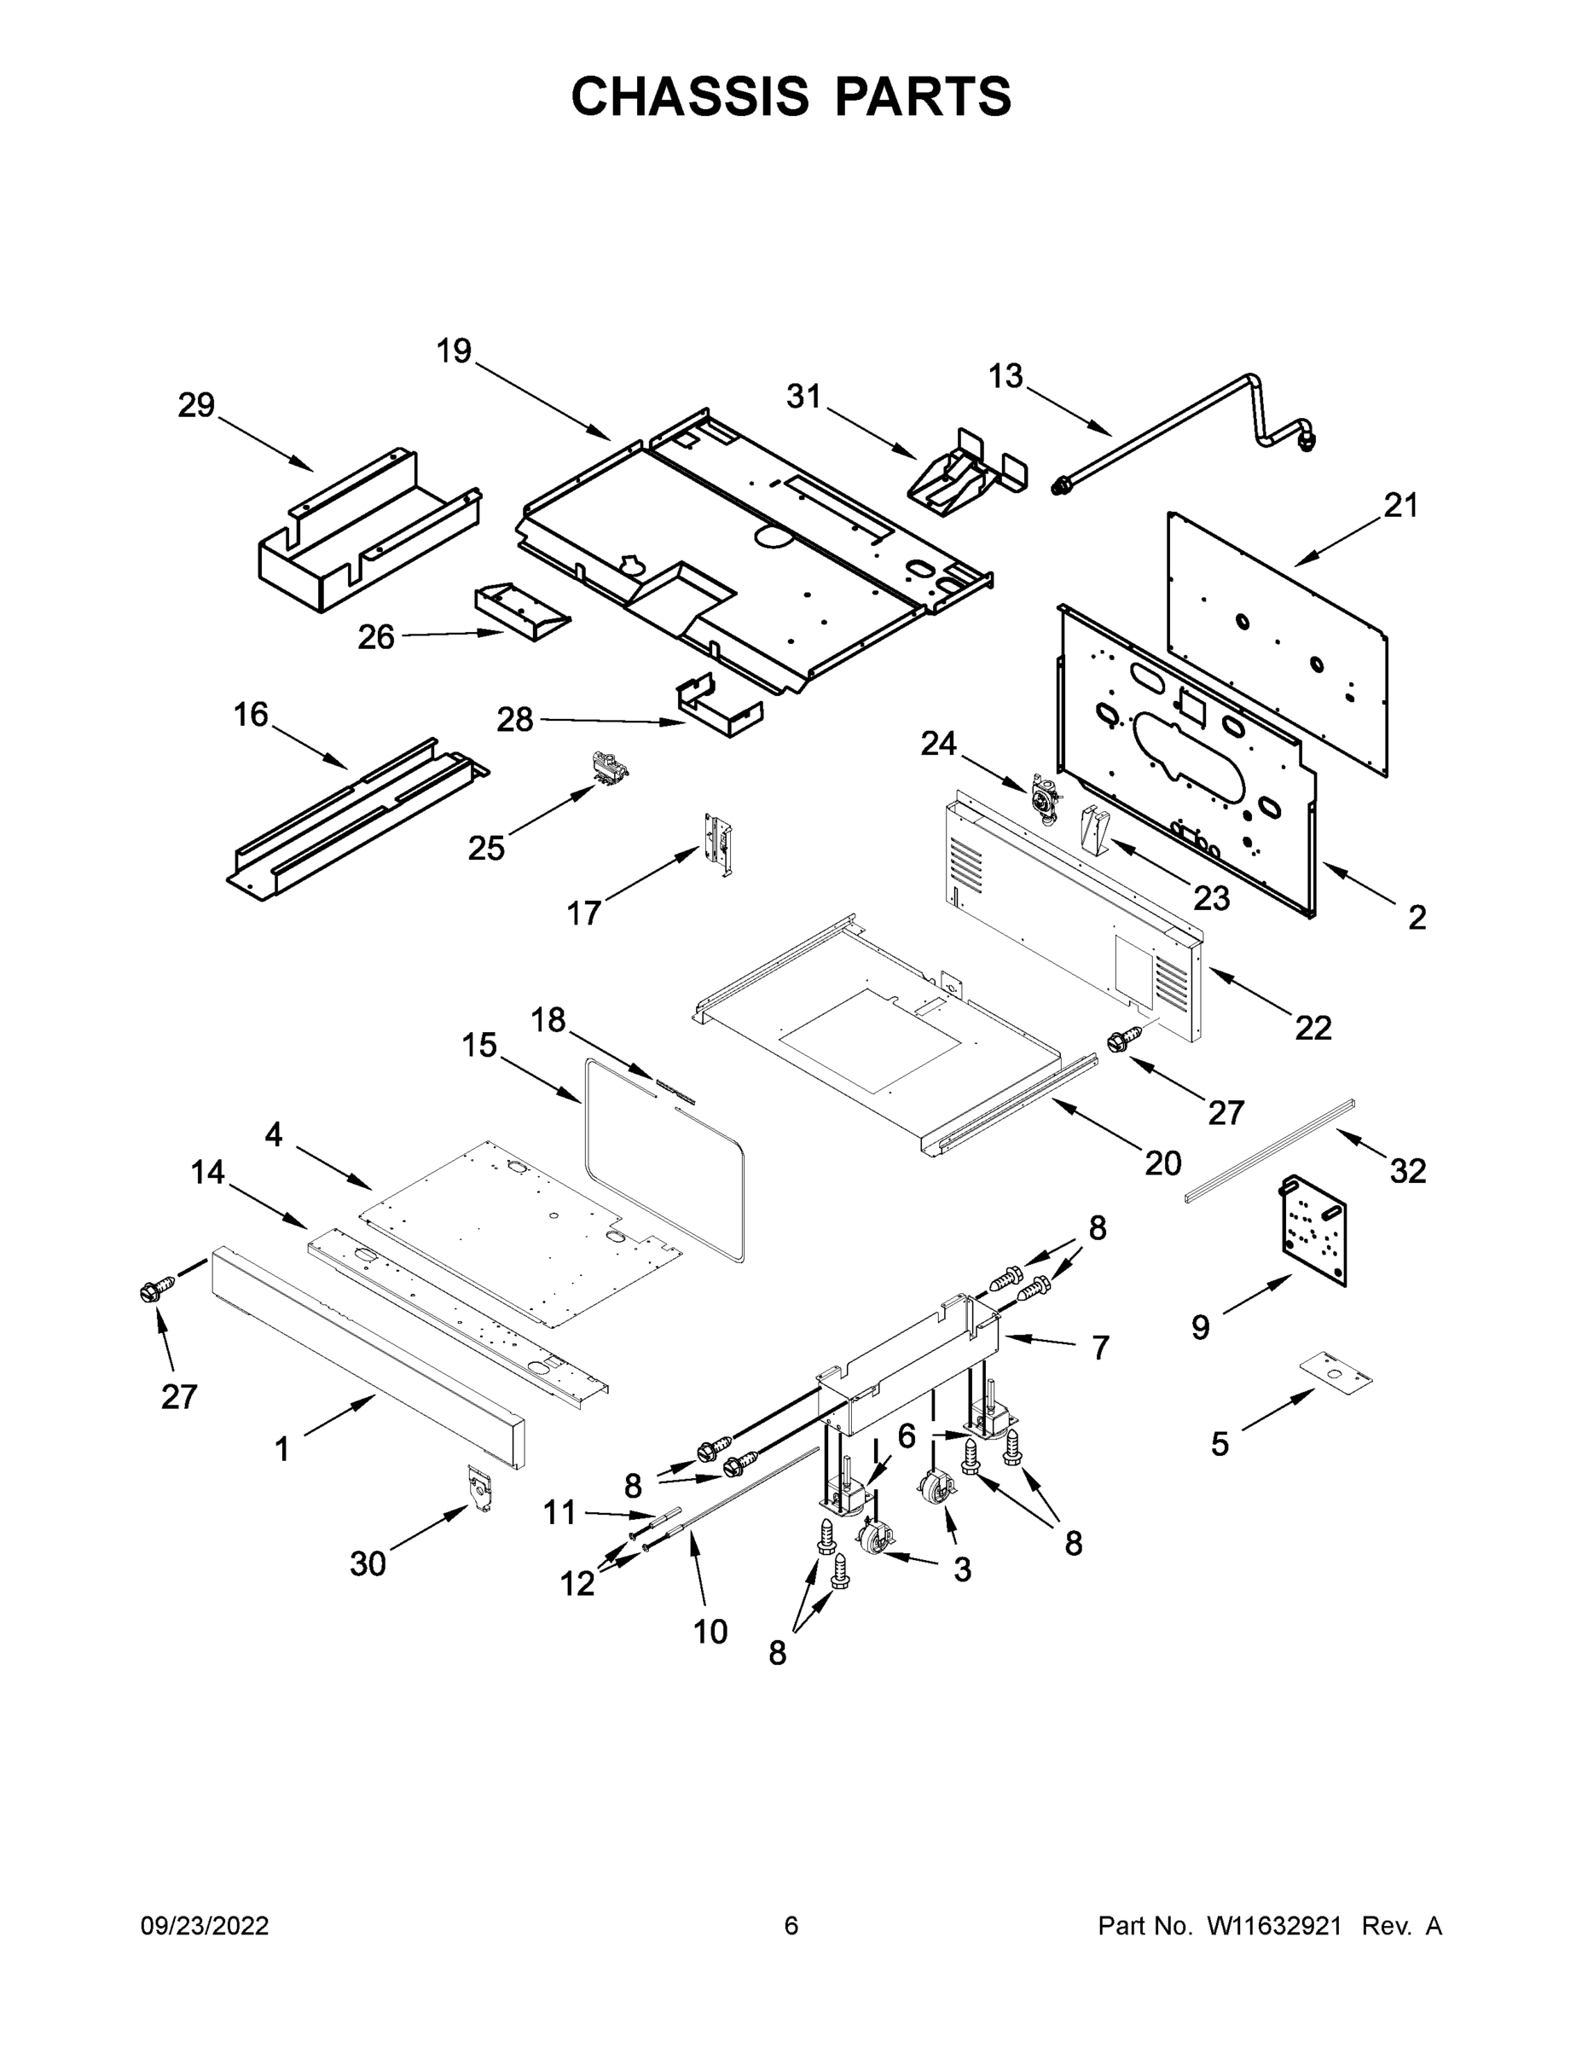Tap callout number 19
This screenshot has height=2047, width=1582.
pyautogui.click(x=454, y=351)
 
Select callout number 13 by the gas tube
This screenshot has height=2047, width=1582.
pyautogui.click(x=1005, y=376)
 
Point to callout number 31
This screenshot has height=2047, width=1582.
pyautogui.click(x=803, y=397)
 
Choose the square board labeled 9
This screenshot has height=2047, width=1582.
pyautogui.click(x=1313, y=1229)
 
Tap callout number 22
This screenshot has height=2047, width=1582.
pyautogui.click(x=1313, y=1028)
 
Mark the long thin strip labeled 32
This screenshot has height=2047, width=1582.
pyautogui.click(x=1270, y=1150)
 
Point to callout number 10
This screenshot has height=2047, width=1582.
pyautogui.click(x=710, y=1632)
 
